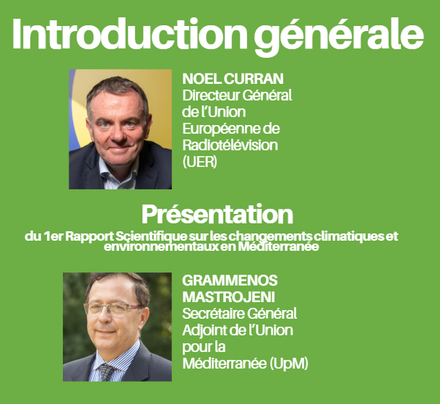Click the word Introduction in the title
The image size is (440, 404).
click(x=129, y=34)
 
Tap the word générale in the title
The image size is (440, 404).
click(x=338, y=37)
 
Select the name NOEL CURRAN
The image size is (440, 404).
click(x=233, y=79)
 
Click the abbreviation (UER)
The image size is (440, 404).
click(x=200, y=162)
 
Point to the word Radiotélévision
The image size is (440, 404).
click(x=230, y=145)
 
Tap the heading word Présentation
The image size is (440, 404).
click(x=217, y=215)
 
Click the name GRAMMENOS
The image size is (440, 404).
click(x=230, y=280)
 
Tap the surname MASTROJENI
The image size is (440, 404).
click(x=229, y=297)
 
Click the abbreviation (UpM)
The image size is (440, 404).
click(x=289, y=364)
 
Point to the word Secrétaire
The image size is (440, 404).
click(x=210, y=314)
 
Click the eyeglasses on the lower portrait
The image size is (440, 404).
click(x=113, y=309)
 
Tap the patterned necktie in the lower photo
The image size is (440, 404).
click(x=106, y=372)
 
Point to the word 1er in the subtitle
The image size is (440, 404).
click(x=53, y=236)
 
